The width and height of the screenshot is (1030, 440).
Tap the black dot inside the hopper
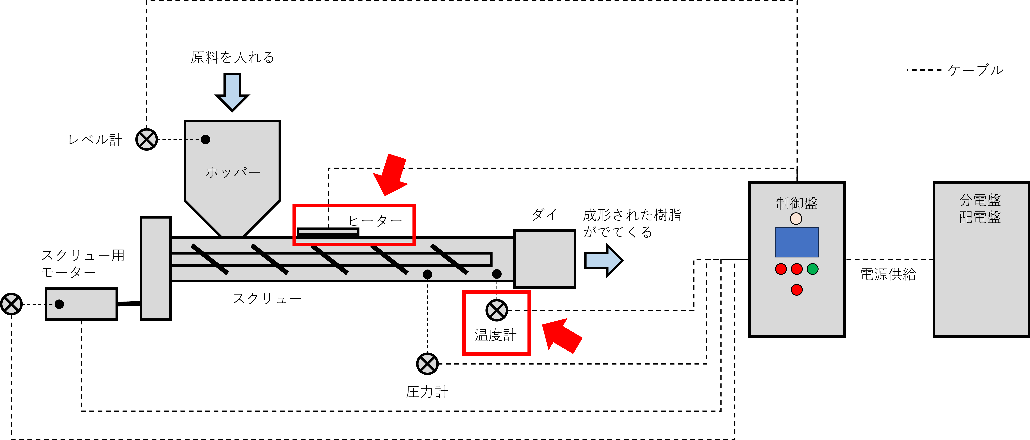(x=206, y=139)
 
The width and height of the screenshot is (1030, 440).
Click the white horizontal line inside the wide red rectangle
(x=328, y=231)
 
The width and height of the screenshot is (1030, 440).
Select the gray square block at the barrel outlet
(x=545, y=259)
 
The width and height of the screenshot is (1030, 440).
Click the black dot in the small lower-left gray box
(x=59, y=304)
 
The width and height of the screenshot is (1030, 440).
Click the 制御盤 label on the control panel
(x=797, y=203)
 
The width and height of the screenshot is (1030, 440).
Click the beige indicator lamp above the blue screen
(x=796, y=218)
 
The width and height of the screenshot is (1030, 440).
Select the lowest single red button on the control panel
(x=797, y=290)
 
